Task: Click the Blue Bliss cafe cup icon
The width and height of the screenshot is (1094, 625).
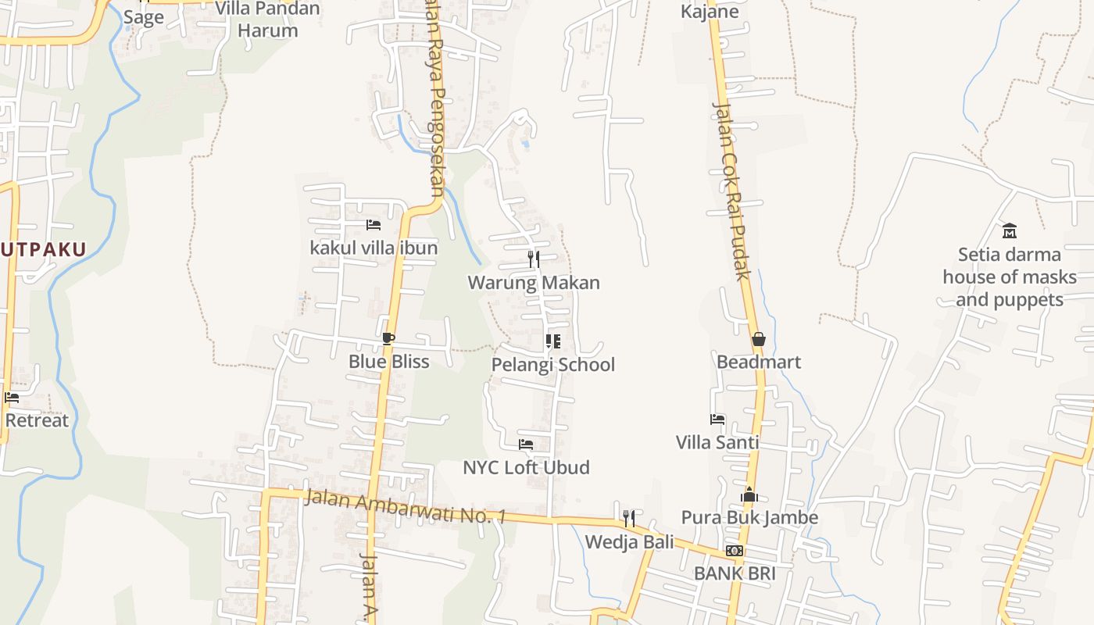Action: click(388, 339)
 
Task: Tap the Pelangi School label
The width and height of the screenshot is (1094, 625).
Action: click(552, 365)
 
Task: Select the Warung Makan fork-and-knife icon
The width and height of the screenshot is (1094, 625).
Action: click(534, 259)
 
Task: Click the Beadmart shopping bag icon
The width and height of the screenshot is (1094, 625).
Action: click(758, 339)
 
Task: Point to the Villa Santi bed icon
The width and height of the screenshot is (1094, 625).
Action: click(717, 420)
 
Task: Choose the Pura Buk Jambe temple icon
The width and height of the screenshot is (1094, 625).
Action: click(749, 495)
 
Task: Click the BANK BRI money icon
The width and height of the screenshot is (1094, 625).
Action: click(735, 551)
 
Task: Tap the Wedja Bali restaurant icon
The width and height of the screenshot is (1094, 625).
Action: click(628, 518)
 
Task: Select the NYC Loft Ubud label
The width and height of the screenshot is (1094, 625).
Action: click(526, 468)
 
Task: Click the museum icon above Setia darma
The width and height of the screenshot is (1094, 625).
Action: click(1010, 230)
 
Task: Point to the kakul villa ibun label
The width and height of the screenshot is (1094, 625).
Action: click(374, 248)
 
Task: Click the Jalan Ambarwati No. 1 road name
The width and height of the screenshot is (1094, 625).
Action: click(406, 506)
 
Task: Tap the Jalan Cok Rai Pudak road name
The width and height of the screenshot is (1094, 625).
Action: click(732, 191)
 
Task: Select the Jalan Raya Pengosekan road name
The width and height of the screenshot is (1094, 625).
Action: click(434, 102)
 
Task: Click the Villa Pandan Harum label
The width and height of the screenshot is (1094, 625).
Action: click(267, 20)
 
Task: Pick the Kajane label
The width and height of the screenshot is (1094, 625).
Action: click(710, 12)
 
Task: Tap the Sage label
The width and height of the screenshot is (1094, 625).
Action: click(143, 17)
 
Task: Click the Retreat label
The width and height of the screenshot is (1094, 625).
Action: click(37, 420)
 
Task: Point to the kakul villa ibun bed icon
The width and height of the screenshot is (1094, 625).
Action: click(374, 225)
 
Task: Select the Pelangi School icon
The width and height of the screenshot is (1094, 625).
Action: click(552, 341)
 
